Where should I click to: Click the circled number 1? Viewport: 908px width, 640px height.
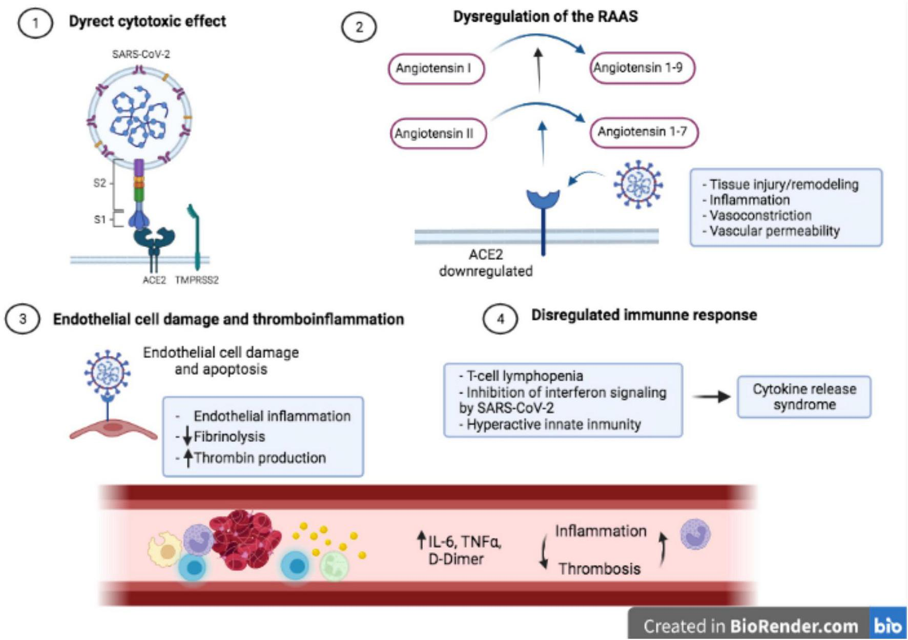point(35,24)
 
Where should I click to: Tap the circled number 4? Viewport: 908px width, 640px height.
point(500,319)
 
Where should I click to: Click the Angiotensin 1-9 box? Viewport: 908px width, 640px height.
point(642,68)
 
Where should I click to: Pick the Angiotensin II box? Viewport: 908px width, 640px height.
point(438,133)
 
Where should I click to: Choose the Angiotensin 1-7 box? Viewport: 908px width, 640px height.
point(644,132)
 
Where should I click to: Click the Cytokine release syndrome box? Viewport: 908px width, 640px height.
point(804,397)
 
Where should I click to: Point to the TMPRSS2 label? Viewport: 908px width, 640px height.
point(197,280)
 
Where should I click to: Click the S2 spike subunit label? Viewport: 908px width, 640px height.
point(100,183)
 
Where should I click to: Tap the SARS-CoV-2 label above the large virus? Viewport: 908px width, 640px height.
point(141,54)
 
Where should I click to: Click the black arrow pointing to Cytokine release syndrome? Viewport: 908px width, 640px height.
point(711,397)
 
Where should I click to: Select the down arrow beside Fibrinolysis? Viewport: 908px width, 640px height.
point(187,436)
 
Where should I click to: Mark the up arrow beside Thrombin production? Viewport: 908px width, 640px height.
point(188,458)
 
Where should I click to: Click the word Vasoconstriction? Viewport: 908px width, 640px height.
point(760,215)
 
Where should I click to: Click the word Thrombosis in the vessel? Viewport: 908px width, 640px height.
point(600,569)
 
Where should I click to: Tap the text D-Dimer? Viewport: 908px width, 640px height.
point(456,559)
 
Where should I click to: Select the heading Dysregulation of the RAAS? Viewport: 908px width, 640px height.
point(545,16)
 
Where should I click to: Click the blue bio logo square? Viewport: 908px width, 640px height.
point(888,624)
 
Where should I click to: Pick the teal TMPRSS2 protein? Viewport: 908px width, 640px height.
point(194,237)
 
